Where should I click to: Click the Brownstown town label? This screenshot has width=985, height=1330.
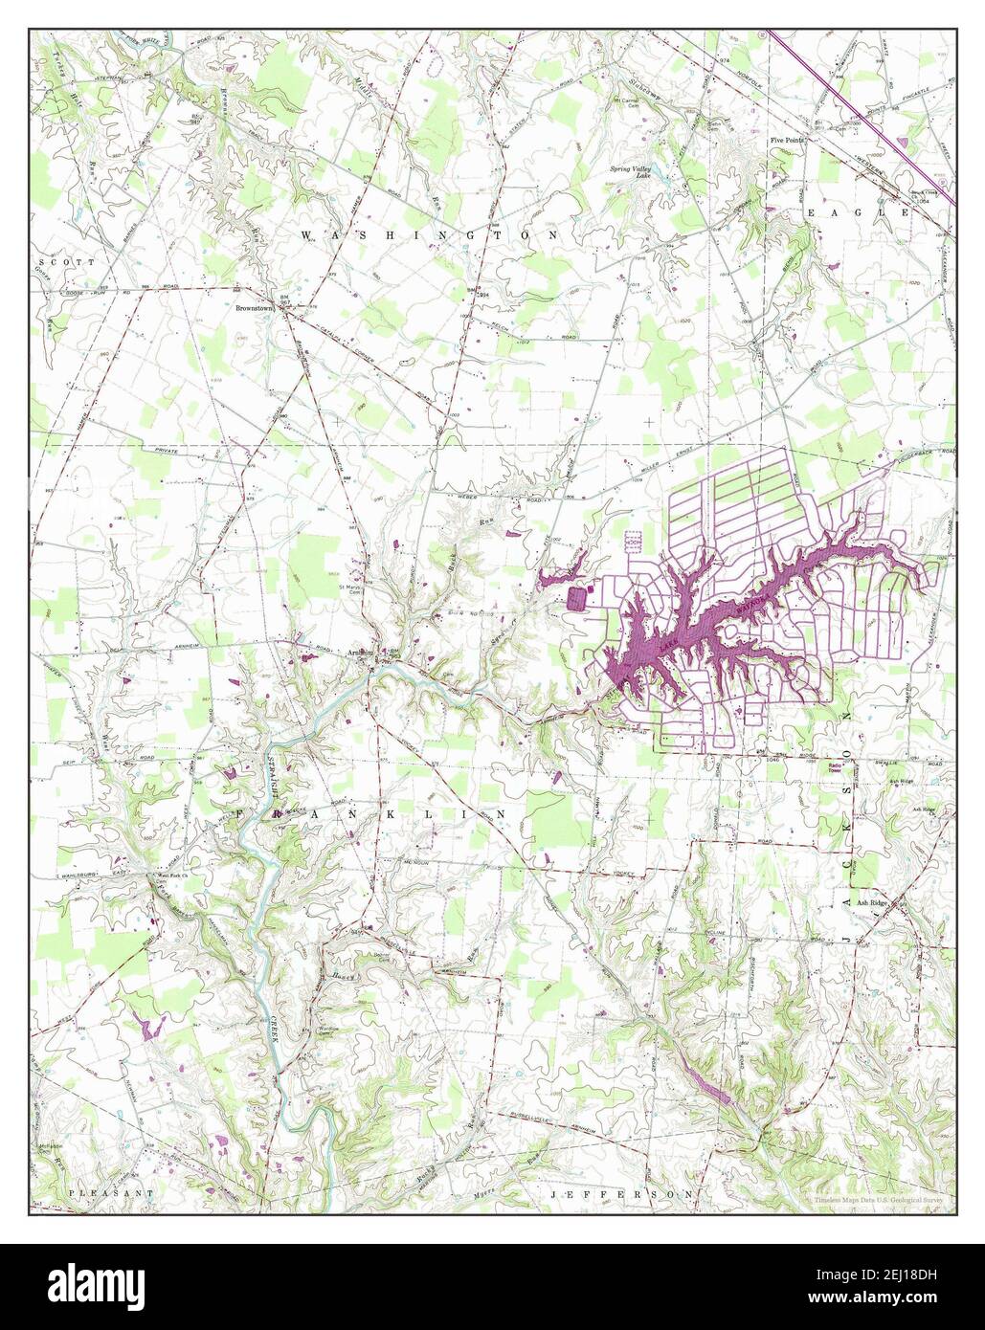pyautogui.click(x=254, y=310)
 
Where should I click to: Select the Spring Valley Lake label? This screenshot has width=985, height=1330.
pyautogui.click(x=633, y=172)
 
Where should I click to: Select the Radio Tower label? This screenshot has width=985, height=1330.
pyautogui.click(x=841, y=769)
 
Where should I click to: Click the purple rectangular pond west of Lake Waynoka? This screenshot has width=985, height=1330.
pyautogui.click(x=577, y=599)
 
